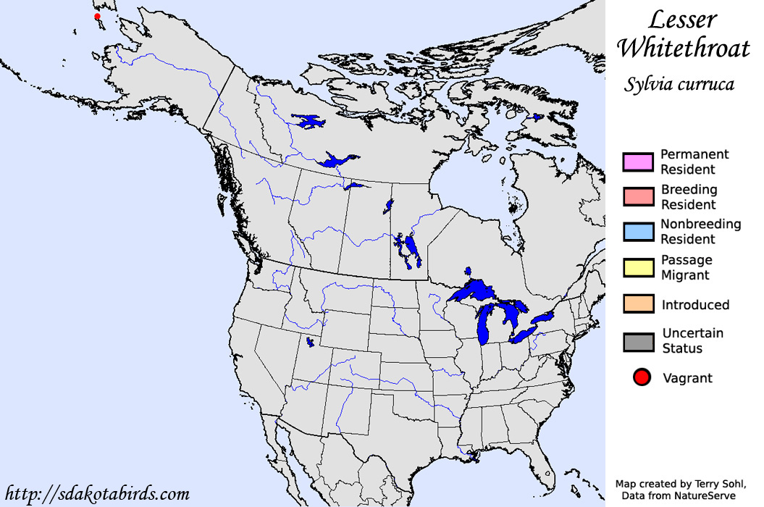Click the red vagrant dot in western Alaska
[97, 17]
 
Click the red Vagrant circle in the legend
[642, 377]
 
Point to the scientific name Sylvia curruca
[679, 85]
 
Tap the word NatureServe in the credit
[702, 495]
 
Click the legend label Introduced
[695, 305]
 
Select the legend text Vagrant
[687, 378]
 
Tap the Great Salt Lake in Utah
[310, 341]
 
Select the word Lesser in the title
[683, 20]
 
